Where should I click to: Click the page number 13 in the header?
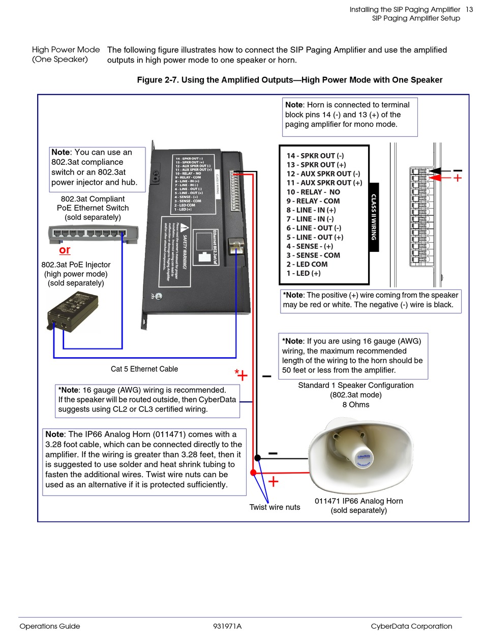click(x=469, y=10)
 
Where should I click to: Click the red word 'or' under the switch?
click(x=65, y=250)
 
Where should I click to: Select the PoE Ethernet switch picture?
click(x=93, y=234)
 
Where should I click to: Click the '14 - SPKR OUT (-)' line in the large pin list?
click(x=315, y=156)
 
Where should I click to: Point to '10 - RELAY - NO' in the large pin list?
click(x=313, y=192)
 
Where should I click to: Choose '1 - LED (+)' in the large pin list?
click(x=304, y=273)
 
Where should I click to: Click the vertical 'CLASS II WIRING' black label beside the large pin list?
click(x=374, y=217)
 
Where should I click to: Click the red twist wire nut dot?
click(x=253, y=473)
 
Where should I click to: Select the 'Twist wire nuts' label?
click(x=275, y=507)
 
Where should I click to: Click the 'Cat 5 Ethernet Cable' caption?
click(x=144, y=369)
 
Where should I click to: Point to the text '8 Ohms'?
click(x=356, y=405)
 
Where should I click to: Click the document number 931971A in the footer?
click(x=227, y=626)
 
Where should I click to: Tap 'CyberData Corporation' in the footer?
click(x=411, y=626)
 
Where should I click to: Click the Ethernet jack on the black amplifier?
click(x=235, y=246)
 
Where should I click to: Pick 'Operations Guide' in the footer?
click(x=50, y=626)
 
